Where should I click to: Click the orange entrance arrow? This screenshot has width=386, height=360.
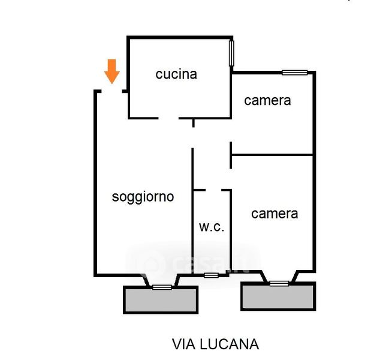point(112,71)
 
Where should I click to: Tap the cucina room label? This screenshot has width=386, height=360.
point(176,74)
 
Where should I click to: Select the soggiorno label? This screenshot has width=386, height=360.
point(143,197)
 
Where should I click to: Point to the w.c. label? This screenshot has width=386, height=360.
point(212,227)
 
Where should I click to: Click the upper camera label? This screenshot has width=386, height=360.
point(267,101)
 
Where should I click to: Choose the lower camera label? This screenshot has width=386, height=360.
point(275,214)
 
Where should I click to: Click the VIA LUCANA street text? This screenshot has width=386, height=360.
point(215,344)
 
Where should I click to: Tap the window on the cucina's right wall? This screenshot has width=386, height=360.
point(231,53)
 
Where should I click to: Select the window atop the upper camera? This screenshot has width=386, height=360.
point(295,73)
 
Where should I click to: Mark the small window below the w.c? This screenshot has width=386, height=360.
point(211,275)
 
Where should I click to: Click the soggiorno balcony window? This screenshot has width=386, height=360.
point(162,287)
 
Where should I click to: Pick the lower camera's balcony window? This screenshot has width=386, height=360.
point(279,284)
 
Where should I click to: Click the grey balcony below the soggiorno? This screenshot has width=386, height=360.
point(161,300)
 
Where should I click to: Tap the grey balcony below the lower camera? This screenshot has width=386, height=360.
point(278,296)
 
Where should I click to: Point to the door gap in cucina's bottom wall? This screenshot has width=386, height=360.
point(168,119)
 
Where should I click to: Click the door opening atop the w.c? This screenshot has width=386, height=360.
point(213,190)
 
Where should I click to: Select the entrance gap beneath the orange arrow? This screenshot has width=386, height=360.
point(112,91)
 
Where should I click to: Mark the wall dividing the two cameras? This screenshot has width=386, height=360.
point(272,155)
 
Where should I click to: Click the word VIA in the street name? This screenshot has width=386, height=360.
point(183,344)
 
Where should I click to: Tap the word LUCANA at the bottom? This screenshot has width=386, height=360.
point(230,344)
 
